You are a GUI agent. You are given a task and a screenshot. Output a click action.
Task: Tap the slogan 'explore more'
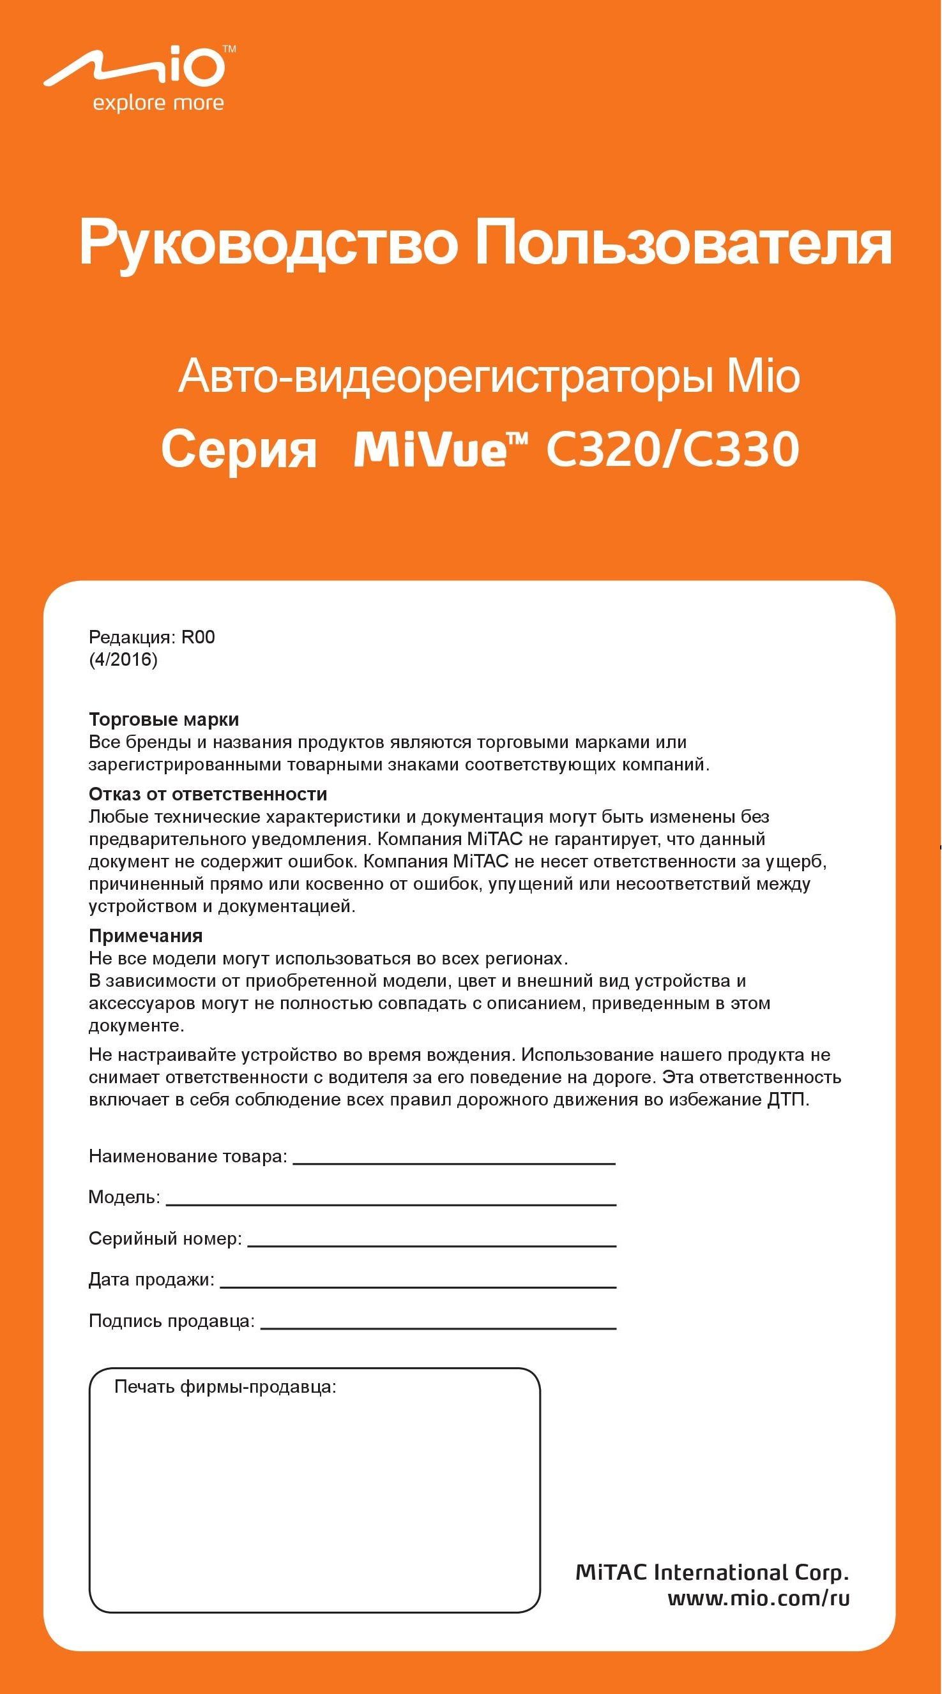[158, 104]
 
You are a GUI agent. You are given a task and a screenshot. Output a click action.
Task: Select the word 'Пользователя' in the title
[683, 244]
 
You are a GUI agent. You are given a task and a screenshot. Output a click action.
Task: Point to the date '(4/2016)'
[123, 659]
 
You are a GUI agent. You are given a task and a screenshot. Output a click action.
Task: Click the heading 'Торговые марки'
[163, 719]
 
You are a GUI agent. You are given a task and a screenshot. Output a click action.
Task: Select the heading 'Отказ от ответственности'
[208, 794]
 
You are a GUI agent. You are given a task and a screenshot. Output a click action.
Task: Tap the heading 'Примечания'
[146, 935]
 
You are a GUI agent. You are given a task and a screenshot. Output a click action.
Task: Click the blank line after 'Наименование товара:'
[454, 1163]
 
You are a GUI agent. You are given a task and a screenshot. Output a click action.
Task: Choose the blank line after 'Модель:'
[391, 1204]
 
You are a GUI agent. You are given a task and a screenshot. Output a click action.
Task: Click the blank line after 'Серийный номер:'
[432, 1245]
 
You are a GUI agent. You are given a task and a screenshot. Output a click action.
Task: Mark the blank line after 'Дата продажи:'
[418, 1286]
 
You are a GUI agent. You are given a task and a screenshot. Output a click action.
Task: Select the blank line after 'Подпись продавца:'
[438, 1327]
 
